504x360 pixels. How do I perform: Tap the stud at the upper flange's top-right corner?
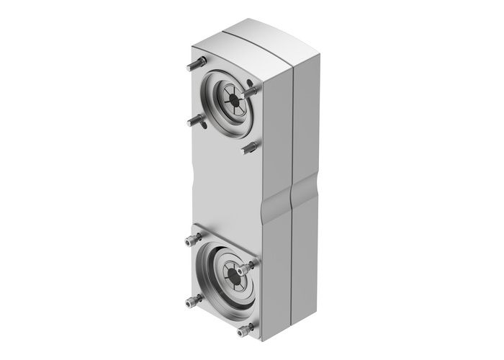pos(250,91)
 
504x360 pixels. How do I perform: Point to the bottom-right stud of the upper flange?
pos(251,148)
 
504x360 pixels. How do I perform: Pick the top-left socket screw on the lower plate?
pos(192,240)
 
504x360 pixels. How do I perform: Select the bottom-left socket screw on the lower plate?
pos(192,300)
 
